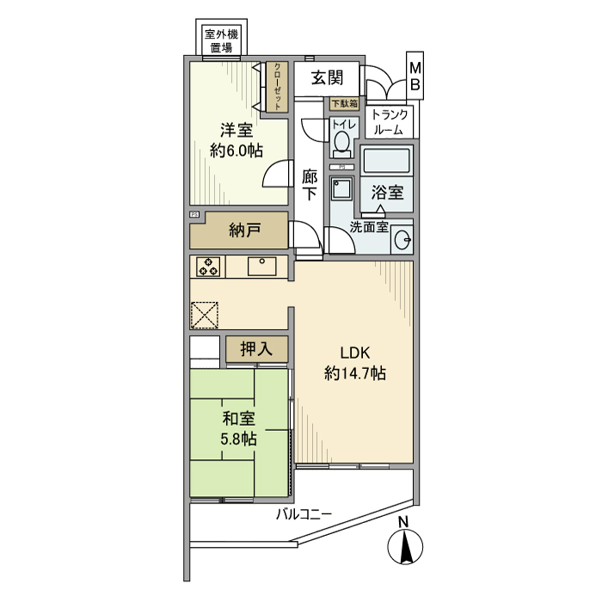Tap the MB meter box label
[415, 76]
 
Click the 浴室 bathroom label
[387, 192]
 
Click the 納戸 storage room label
[245, 230]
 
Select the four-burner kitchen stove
[207, 267]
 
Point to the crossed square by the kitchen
[205, 314]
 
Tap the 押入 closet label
[255, 349]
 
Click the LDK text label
[354, 353]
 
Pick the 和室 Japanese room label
[236, 419]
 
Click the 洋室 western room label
[236, 131]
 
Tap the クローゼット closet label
[278, 86]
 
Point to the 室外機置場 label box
[221, 41]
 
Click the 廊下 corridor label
[310, 185]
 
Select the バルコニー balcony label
[304, 515]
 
